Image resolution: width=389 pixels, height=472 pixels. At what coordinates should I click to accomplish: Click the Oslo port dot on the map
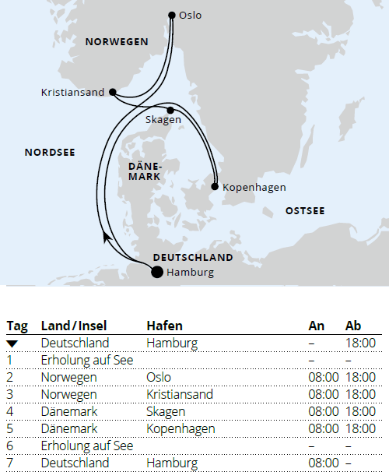pyautogui.click(x=172, y=15)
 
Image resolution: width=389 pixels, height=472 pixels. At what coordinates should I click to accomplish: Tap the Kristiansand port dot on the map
pyautogui.click(x=113, y=92)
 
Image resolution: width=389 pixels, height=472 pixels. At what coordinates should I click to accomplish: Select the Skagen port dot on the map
pyautogui.click(x=170, y=111)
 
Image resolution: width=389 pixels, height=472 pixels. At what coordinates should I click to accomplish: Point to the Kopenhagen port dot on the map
pyautogui.click(x=215, y=187)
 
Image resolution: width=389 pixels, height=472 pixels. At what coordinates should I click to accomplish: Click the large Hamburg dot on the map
pyautogui.click(x=156, y=272)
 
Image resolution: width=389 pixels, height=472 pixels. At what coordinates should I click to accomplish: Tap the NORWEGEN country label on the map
pyautogui.click(x=117, y=42)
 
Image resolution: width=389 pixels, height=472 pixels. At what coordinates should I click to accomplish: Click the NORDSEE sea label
pyautogui.click(x=50, y=153)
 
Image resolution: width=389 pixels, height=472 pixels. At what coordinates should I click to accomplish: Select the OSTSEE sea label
pyautogui.click(x=305, y=211)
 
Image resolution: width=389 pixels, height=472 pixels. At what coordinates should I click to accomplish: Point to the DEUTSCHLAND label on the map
pyautogui.click(x=193, y=257)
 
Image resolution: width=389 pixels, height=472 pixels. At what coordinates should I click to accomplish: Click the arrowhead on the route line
pyautogui.click(x=106, y=236)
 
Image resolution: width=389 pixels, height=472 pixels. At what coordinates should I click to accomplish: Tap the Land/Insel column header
pyautogui.click(x=75, y=326)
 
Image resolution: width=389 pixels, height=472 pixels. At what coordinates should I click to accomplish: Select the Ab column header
pyautogui.click(x=353, y=326)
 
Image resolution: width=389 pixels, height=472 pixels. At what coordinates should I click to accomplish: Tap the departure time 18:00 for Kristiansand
pyautogui.click(x=360, y=394)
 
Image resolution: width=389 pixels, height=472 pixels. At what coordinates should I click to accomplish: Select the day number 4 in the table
pyautogui.click(x=10, y=411)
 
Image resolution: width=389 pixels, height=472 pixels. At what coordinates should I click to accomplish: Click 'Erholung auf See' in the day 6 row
pyautogui.click(x=85, y=446)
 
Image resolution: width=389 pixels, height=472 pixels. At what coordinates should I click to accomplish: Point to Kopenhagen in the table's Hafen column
pyautogui.click(x=180, y=428)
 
